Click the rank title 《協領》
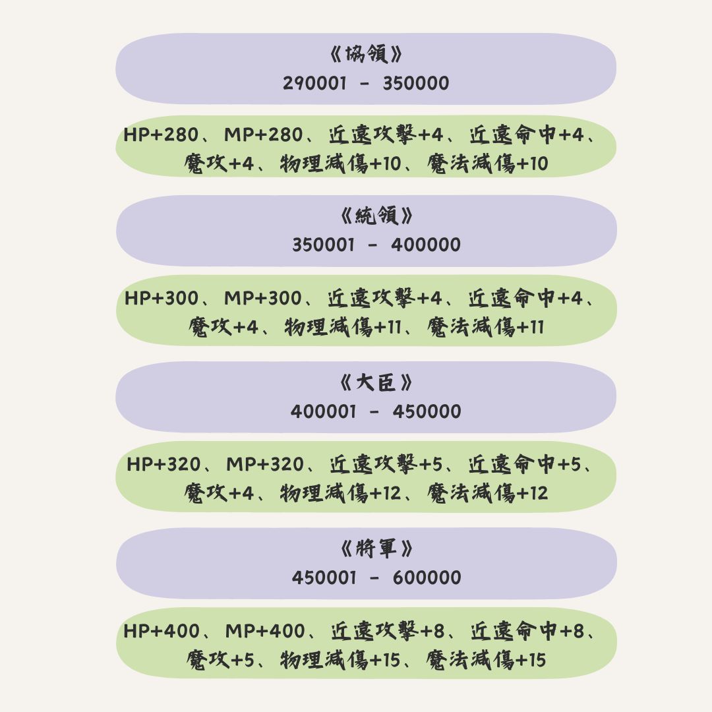[x=366, y=54]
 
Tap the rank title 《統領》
[x=377, y=215]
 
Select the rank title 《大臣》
[x=376, y=382]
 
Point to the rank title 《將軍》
[x=377, y=549]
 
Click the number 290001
[x=314, y=83]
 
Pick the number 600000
[x=427, y=578]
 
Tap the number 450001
[x=324, y=578]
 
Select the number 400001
[x=323, y=411]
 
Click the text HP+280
[x=162, y=134]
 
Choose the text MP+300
[x=263, y=298]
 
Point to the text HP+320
[x=163, y=464]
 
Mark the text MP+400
[x=265, y=631]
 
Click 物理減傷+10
[x=341, y=163]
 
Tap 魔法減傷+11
[x=485, y=327]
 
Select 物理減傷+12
[x=341, y=493]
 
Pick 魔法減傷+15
[x=486, y=660]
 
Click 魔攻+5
[x=220, y=660]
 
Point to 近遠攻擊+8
[x=388, y=631]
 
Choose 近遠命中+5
[x=525, y=464]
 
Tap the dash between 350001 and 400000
[x=372, y=245]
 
